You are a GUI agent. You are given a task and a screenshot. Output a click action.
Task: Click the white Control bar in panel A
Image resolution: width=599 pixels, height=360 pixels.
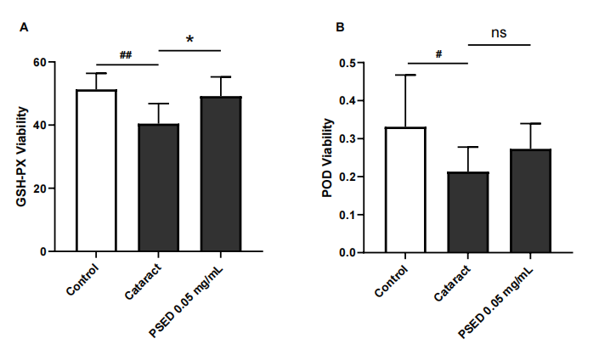96,170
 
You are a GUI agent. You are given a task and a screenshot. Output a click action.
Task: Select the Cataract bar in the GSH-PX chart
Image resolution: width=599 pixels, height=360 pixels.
158,188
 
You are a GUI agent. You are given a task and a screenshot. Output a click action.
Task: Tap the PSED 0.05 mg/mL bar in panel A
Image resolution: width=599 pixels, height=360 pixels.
221,174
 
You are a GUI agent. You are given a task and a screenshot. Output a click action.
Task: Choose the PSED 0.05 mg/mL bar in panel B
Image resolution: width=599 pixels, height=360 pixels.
530,200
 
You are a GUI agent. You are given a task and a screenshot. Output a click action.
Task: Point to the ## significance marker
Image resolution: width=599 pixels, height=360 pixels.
126,55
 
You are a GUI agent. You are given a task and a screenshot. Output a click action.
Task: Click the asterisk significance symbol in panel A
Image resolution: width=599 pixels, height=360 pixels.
190,40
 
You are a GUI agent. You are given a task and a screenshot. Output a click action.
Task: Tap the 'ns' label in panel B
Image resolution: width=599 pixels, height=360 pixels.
499,33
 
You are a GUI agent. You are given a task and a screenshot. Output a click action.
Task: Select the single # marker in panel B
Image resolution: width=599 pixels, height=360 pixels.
438,53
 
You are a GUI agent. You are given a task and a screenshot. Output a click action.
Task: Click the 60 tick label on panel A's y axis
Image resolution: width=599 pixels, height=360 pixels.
39,63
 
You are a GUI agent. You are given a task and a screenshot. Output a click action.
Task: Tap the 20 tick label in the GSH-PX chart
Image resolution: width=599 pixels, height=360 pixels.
39,188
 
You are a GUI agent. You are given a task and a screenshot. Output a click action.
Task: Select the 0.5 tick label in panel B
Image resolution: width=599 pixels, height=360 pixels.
346,63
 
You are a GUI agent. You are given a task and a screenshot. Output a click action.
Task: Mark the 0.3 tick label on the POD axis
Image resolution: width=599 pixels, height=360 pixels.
346,139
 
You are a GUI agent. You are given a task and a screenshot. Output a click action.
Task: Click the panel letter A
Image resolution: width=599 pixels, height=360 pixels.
25,27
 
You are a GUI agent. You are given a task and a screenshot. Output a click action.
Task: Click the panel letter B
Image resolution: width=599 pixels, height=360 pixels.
340,27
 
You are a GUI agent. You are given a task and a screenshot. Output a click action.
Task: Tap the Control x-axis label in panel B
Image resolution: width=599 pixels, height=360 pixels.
392,280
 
